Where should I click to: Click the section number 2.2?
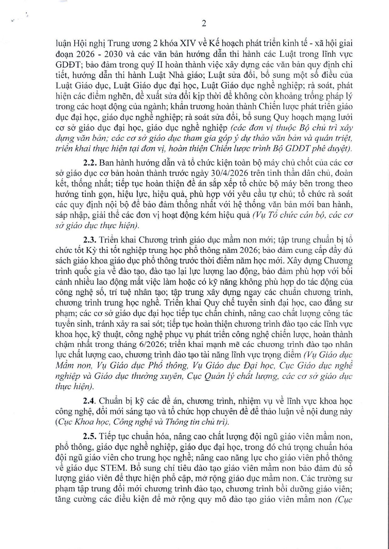tap(89, 163)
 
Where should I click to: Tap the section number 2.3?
tap(89, 240)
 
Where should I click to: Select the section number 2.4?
tap(89, 401)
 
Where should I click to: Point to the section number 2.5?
tap(89, 436)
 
